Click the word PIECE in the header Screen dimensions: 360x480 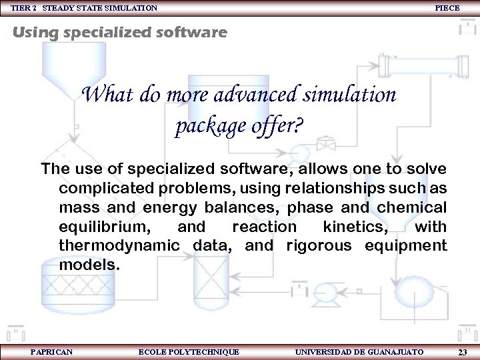[x=447, y=7]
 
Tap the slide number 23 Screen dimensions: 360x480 [x=463, y=351]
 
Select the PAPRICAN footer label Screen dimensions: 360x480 [x=51, y=351]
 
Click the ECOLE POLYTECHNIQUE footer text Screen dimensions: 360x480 [x=188, y=351]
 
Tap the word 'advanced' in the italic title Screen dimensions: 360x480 [x=256, y=95]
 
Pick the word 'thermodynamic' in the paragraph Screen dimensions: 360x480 [x=119, y=246]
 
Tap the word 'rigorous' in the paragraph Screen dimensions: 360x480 [x=319, y=246]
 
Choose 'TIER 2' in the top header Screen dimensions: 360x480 [x=24, y=7]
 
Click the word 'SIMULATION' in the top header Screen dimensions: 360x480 [x=133, y=7]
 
